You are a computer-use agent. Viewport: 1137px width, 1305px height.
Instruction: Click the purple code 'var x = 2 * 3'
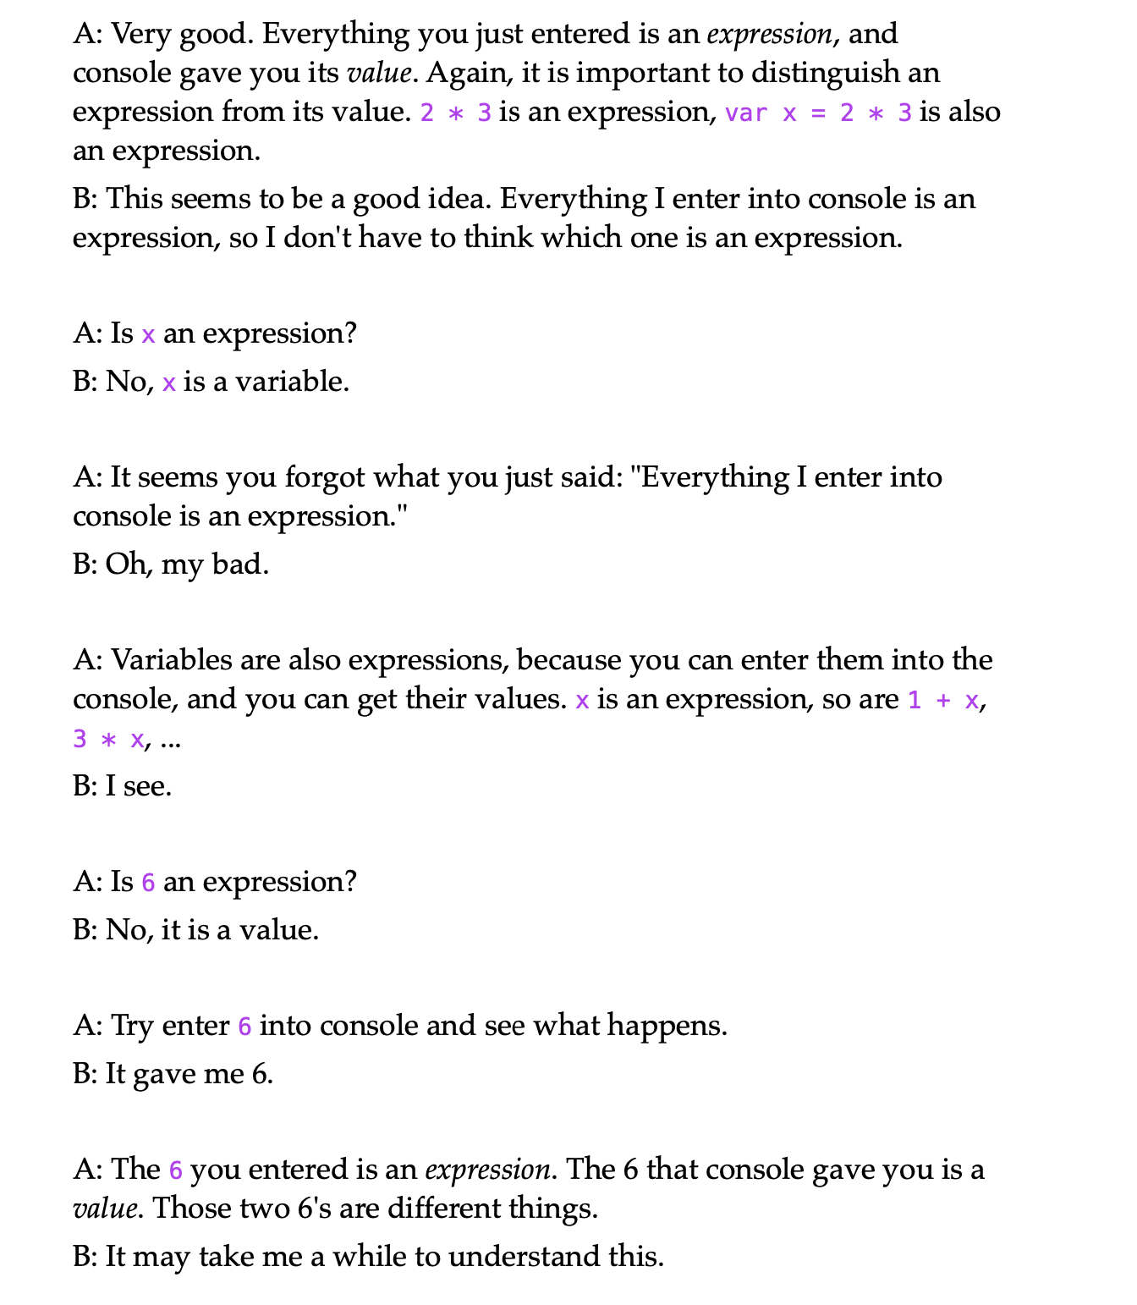pos(818,113)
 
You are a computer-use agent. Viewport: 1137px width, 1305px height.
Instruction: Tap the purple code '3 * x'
pos(108,740)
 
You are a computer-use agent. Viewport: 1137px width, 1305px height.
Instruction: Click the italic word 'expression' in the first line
pos(770,35)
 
